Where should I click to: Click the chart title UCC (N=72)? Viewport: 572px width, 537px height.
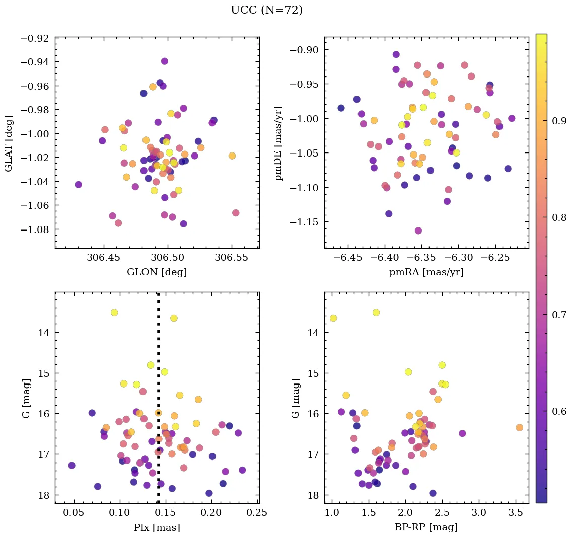[266, 10]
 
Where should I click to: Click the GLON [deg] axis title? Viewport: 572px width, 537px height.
[157, 272]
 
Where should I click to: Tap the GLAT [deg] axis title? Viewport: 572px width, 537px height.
[9, 143]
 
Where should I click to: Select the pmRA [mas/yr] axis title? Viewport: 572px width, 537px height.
[426, 272]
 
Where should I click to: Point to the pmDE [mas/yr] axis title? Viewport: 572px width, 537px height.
[278, 143]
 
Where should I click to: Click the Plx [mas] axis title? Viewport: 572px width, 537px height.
[157, 527]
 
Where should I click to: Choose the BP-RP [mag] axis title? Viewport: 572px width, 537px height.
[426, 527]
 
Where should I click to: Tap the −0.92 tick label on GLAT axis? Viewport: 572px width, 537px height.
[35, 38]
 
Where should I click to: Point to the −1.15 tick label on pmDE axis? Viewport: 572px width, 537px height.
[304, 222]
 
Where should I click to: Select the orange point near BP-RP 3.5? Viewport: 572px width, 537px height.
[519, 427]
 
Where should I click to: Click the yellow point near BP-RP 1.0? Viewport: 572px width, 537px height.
[333, 318]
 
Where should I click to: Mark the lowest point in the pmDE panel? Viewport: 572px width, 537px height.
[418, 231]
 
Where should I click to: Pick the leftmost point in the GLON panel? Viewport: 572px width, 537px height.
[78, 185]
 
